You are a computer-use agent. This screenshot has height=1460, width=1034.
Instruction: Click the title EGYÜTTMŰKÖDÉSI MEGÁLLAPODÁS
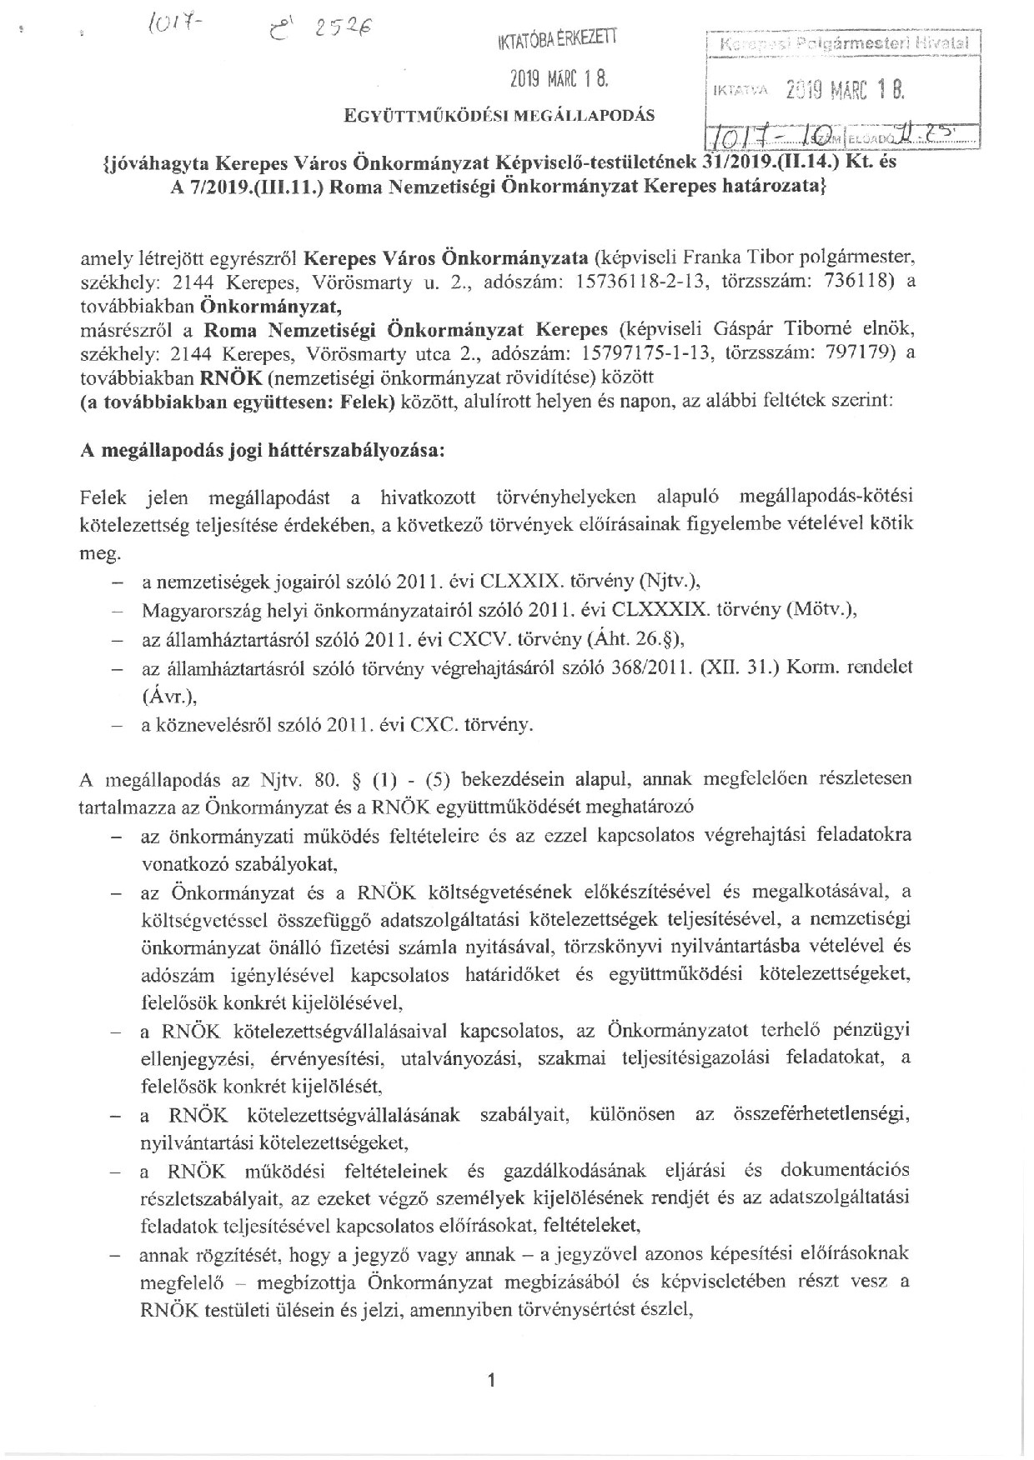coord(499,115)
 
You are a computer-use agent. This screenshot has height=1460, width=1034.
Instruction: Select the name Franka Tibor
coord(720,258)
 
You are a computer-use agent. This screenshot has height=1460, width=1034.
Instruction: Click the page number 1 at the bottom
coord(492,1381)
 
